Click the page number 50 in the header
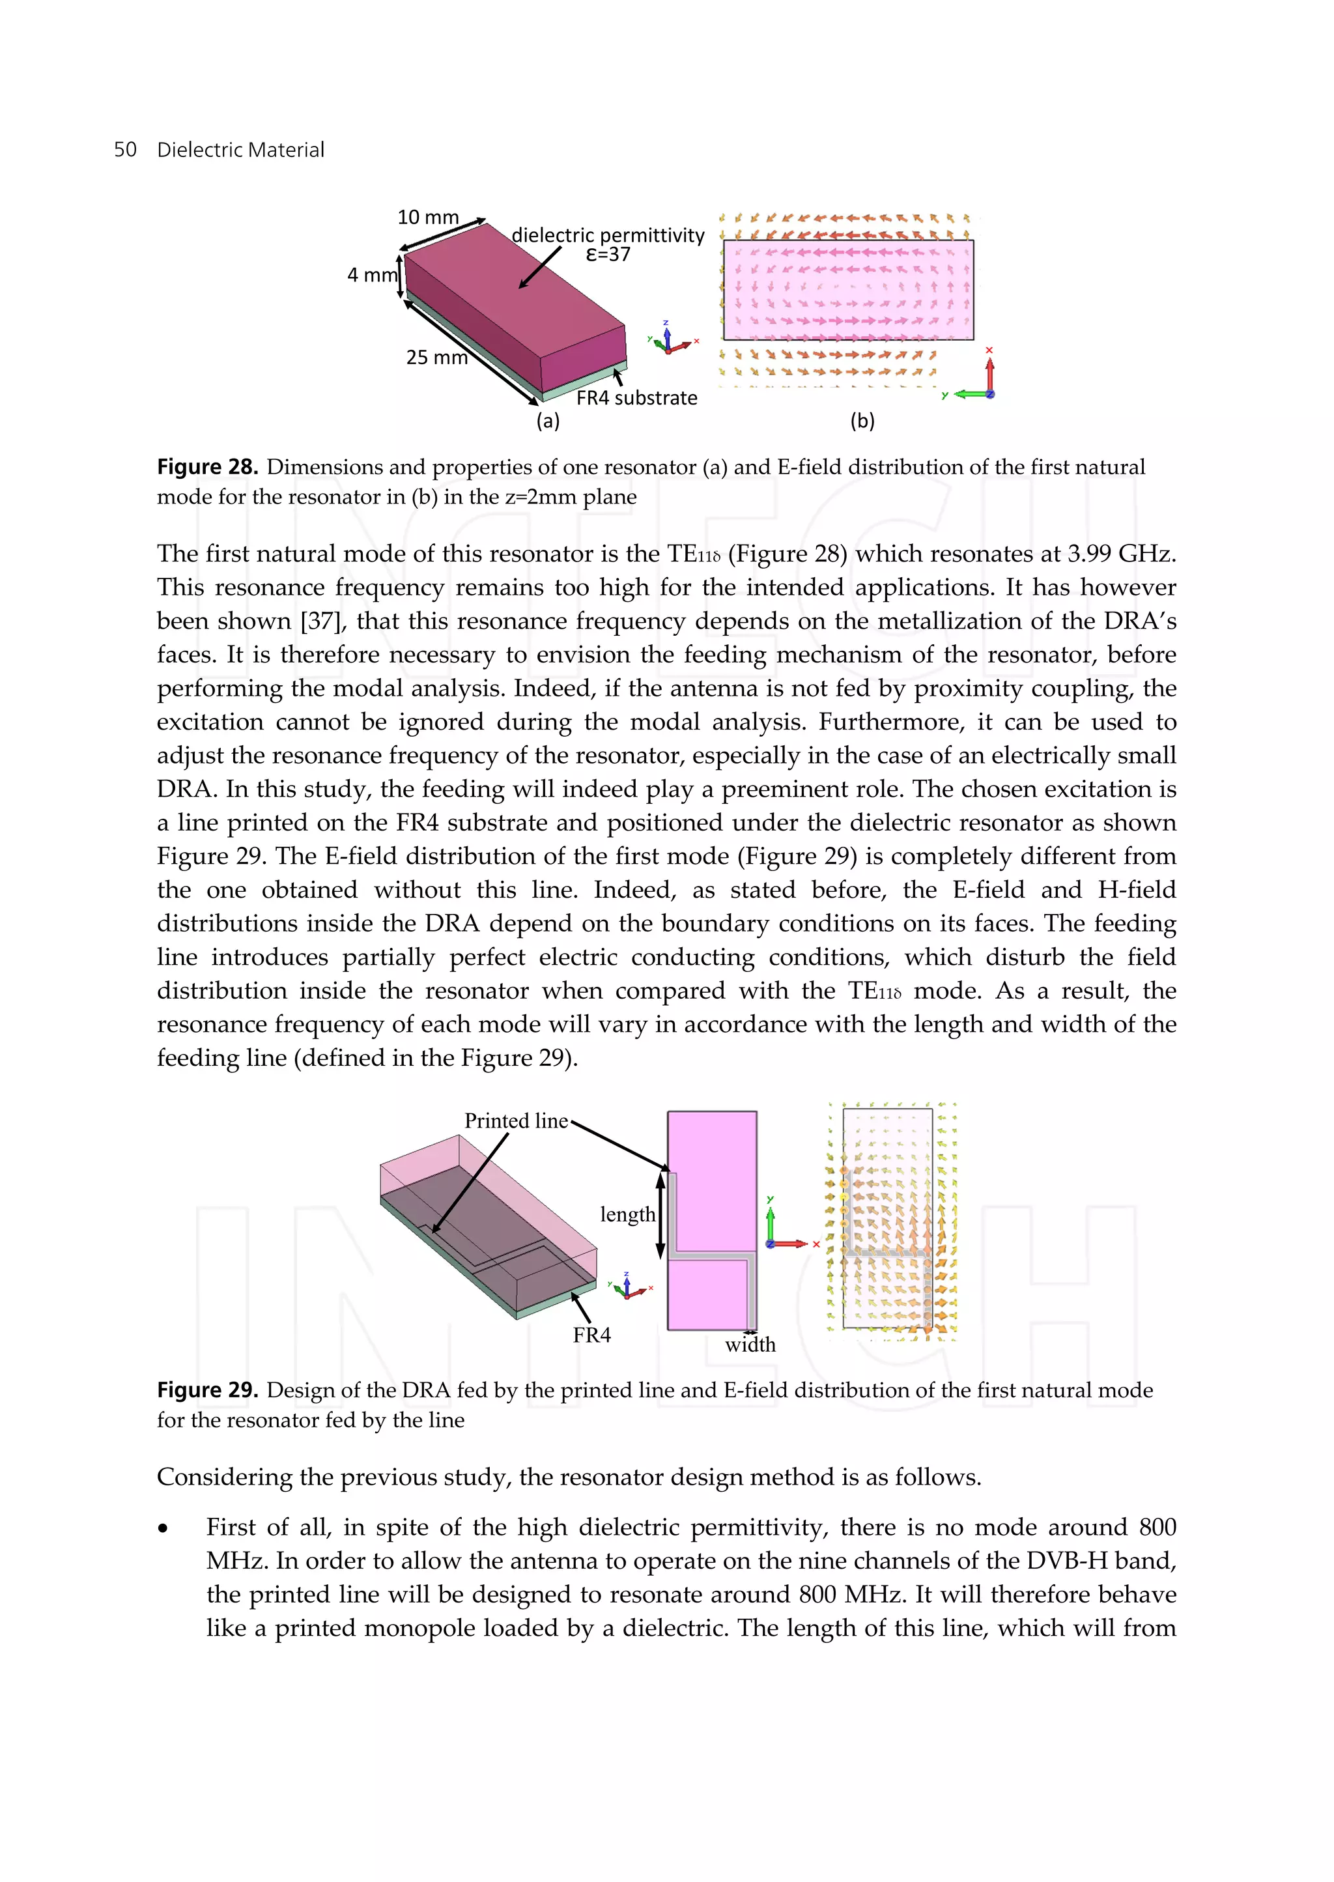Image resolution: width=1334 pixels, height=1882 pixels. pos(125,150)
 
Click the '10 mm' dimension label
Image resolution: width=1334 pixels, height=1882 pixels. pos(428,217)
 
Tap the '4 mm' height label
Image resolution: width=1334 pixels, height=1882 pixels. pos(371,275)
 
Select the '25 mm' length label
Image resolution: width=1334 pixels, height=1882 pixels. pos(437,358)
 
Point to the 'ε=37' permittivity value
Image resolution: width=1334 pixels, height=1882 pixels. pos(608,255)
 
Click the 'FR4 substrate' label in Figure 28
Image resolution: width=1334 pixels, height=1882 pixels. pos(636,399)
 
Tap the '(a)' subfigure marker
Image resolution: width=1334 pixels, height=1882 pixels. pos(548,421)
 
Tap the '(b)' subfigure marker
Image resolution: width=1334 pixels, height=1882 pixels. pos(862,421)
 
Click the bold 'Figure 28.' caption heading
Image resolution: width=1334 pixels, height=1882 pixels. pos(208,468)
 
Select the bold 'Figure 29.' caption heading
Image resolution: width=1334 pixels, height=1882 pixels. pos(208,1391)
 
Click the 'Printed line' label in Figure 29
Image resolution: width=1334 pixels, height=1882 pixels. pos(516,1121)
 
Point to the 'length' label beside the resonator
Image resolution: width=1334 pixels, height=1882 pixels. pos(627,1215)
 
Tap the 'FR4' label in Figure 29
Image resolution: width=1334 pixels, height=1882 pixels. pos(592,1335)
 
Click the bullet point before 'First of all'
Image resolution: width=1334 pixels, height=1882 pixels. pos(163,1529)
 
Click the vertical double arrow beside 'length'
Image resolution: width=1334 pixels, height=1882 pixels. pos(660,1216)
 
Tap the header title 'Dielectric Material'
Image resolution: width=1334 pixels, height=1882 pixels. pos(240,150)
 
